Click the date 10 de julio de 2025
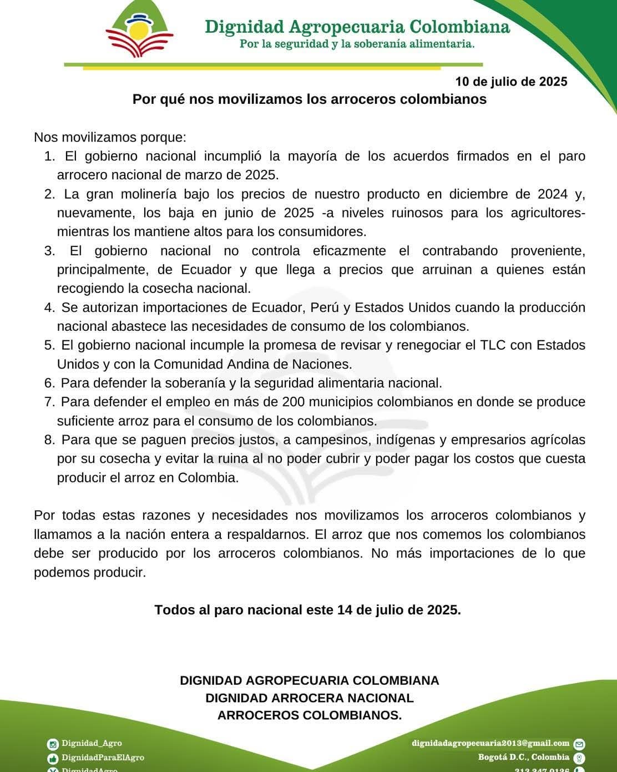tap(511, 82)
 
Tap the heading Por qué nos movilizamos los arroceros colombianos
tap(309, 99)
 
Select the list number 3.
tap(49, 251)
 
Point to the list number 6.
tap(49, 383)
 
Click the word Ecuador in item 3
tap(206, 270)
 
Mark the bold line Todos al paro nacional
tap(307, 610)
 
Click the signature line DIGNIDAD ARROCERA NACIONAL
tap(309, 698)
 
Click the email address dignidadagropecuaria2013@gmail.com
tap(490, 743)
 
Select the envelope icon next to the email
tap(579, 744)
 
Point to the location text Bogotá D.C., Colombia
tap(523, 757)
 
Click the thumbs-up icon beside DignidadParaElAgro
tap(53, 758)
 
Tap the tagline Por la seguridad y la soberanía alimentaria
tap(357, 44)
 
